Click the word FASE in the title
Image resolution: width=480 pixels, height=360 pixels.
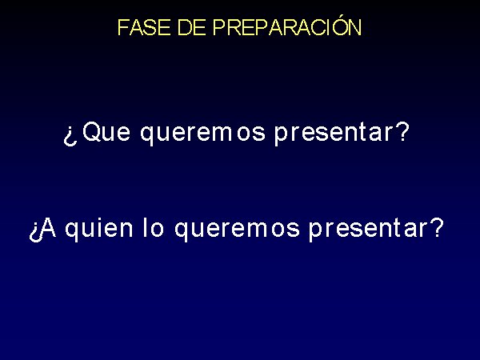point(144,27)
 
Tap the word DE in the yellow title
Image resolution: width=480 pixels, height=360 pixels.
point(191,27)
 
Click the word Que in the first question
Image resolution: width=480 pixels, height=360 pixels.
point(106,132)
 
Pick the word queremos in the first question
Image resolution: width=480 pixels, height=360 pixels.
point(202,134)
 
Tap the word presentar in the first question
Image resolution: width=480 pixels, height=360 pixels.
point(333,134)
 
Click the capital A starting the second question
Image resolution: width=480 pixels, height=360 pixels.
point(47,228)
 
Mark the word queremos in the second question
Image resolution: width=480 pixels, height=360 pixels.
point(237,230)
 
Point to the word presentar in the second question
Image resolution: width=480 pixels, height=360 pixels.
point(367,230)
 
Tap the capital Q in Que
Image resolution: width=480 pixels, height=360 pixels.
point(92,132)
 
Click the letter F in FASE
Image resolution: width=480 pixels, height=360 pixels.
point(123,27)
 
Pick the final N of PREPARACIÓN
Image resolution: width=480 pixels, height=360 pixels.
point(354,27)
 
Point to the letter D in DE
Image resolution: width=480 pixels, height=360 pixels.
point(184,27)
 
